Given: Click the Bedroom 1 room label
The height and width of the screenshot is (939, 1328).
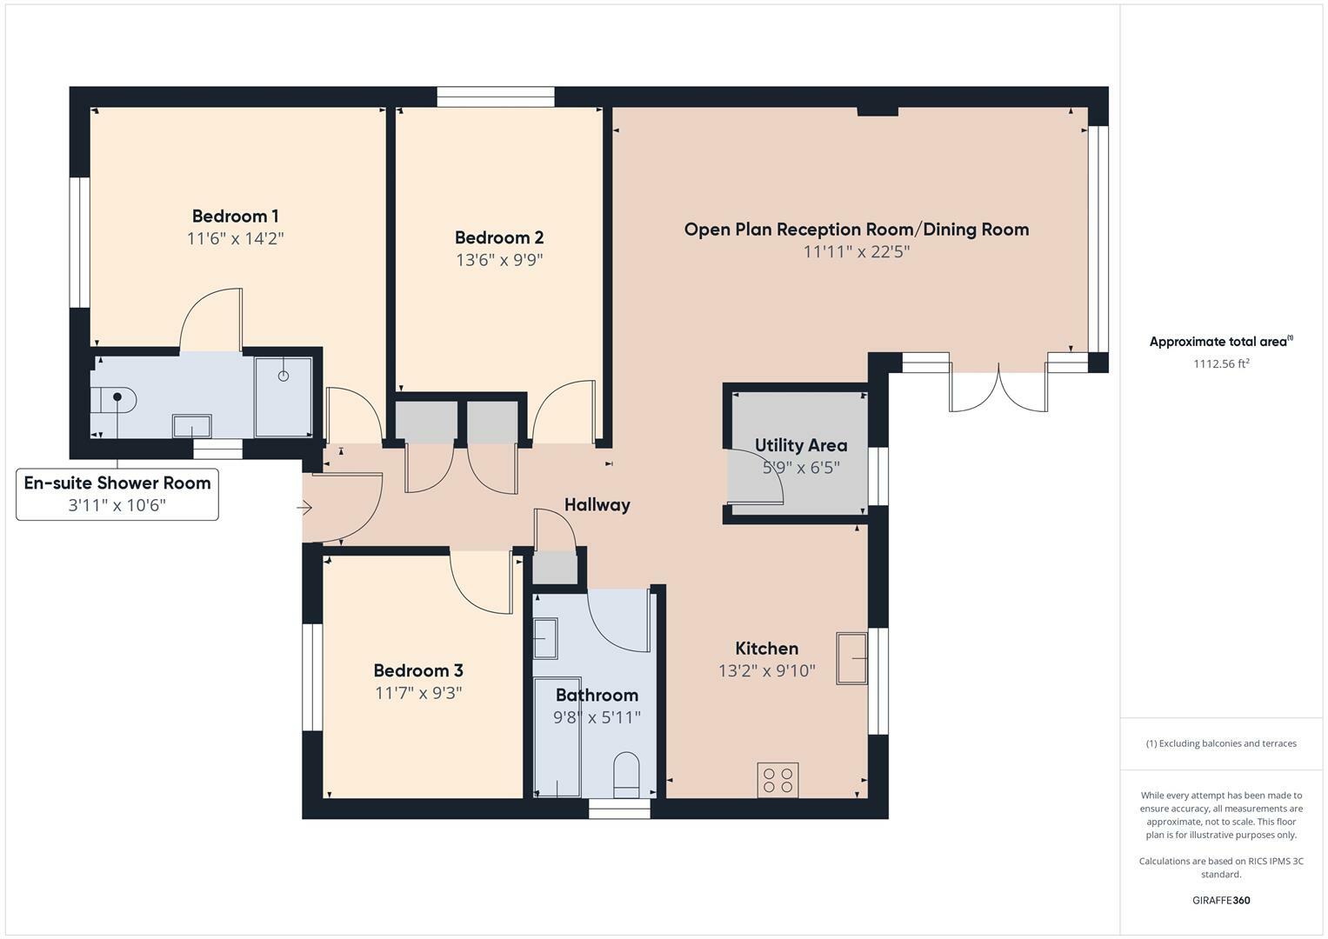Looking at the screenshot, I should [235, 216].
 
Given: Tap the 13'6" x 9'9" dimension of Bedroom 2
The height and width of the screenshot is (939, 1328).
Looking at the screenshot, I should [499, 259].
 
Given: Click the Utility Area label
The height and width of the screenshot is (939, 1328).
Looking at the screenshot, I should [800, 445].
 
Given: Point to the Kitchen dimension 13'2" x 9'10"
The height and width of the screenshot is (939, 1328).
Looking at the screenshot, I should [766, 670].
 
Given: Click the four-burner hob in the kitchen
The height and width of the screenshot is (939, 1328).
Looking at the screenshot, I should [777, 779].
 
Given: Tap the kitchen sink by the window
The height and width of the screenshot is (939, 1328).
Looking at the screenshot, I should [852, 658].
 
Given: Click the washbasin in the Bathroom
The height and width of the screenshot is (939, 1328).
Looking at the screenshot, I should [545, 639].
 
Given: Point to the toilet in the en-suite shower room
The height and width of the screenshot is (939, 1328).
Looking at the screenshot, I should [114, 399].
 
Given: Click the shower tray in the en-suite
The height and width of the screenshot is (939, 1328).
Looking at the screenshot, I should [284, 396].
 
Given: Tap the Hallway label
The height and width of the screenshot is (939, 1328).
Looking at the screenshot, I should [597, 504].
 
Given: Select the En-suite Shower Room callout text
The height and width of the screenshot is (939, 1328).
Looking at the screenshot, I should [117, 483].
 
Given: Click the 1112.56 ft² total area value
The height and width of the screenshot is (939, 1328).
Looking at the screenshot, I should [1220, 364].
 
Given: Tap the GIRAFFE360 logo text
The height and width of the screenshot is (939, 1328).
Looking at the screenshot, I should [1220, 900].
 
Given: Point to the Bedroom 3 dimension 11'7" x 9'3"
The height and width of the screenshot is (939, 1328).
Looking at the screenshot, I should [418, 693].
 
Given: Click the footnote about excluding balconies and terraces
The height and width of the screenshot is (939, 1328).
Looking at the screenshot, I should [1220, 743].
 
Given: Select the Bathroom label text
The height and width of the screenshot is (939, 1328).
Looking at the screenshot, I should [597, 695].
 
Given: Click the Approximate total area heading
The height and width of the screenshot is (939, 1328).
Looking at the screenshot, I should [1220, 342].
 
